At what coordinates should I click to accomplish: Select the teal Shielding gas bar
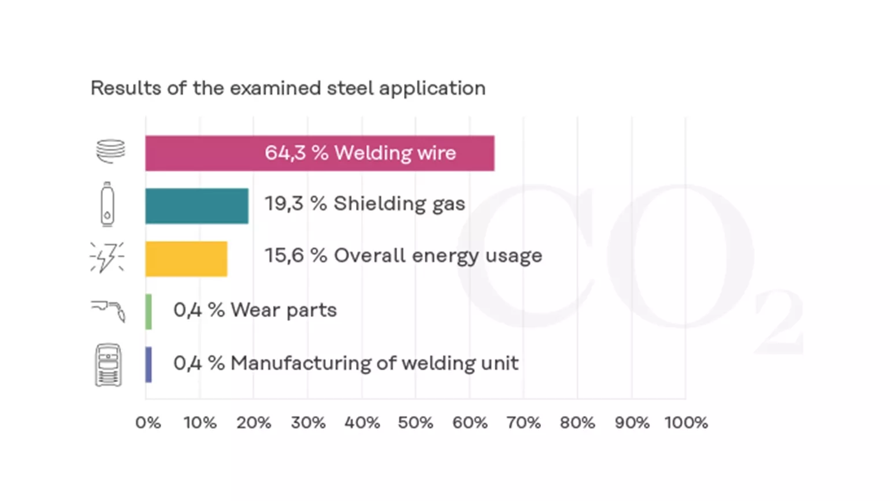(x=196, y=206)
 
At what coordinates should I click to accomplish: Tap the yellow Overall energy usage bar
(x=186, y=259)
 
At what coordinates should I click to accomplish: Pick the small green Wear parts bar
(x=149, y=312)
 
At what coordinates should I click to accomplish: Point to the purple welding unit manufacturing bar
(x=149, y=364)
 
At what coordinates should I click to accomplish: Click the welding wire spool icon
(x=110, y=151)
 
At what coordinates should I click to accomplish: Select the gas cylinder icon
(x=107, y=204)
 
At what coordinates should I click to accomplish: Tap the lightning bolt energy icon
(x=107, y=257)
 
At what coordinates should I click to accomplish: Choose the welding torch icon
(x=109, y=311)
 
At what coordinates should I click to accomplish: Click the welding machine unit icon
(x=108, y=364)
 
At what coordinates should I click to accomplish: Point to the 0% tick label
(x=148, y=423)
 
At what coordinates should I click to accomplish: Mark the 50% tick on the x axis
(x=416, y=423)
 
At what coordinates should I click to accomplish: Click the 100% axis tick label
(x=686, y=423)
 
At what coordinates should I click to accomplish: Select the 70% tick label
(x=524, y=423)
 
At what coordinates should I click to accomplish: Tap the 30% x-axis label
(x=308, y=423)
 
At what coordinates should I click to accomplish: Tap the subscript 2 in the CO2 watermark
(x=778, y=322)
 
